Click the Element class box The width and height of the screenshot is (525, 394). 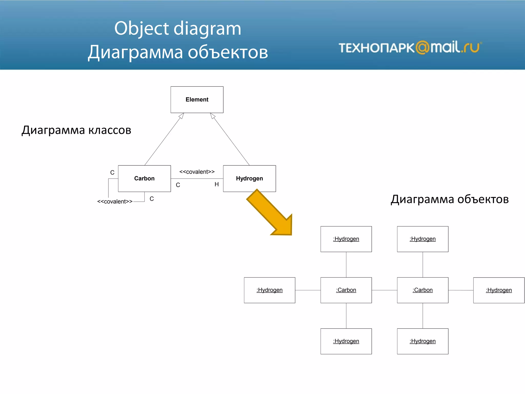tap(197, 100)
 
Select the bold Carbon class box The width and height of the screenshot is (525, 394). tap(144, 179)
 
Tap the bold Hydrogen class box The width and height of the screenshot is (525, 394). tap(249, 179)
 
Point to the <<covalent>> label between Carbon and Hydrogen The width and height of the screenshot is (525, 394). tap(197, 172)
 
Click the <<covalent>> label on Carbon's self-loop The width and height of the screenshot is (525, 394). tap(115, 202)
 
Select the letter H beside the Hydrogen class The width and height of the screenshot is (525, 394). tap(217, 184)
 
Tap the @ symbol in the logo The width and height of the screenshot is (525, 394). tap(422, 47)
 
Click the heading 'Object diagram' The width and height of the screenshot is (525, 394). tap(178, 28)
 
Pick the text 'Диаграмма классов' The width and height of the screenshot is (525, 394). tap(76, 130)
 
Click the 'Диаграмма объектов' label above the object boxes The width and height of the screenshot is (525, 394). tap(450, 199)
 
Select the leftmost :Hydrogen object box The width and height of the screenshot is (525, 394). tap(269, 290)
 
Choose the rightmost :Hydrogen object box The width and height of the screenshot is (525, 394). tap(499, 290)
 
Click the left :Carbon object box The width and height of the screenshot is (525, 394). tap(346, 290)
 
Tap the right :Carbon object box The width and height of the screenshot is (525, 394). tap(422, 290)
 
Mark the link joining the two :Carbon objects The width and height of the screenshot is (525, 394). tap(384, 290)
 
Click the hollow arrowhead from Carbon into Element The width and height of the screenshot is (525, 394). tap(181, 116)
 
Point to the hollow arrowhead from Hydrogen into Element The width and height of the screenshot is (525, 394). tap(213, 116)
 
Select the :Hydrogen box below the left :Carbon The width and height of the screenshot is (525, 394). tap(346, 341)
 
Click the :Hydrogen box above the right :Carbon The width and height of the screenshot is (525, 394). tap(422, 239)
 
